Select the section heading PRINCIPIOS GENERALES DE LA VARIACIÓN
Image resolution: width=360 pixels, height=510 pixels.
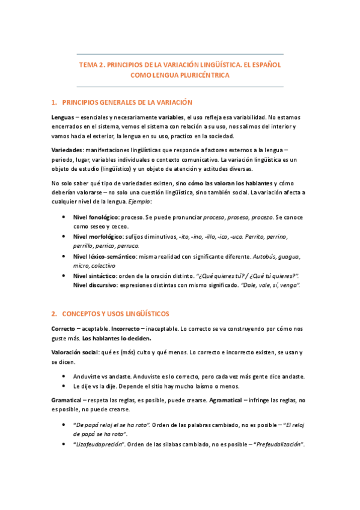pyautogui.click(x=127, y=102)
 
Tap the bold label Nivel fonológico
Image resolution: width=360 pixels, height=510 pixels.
pyautogui.click(x=95, y=215)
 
